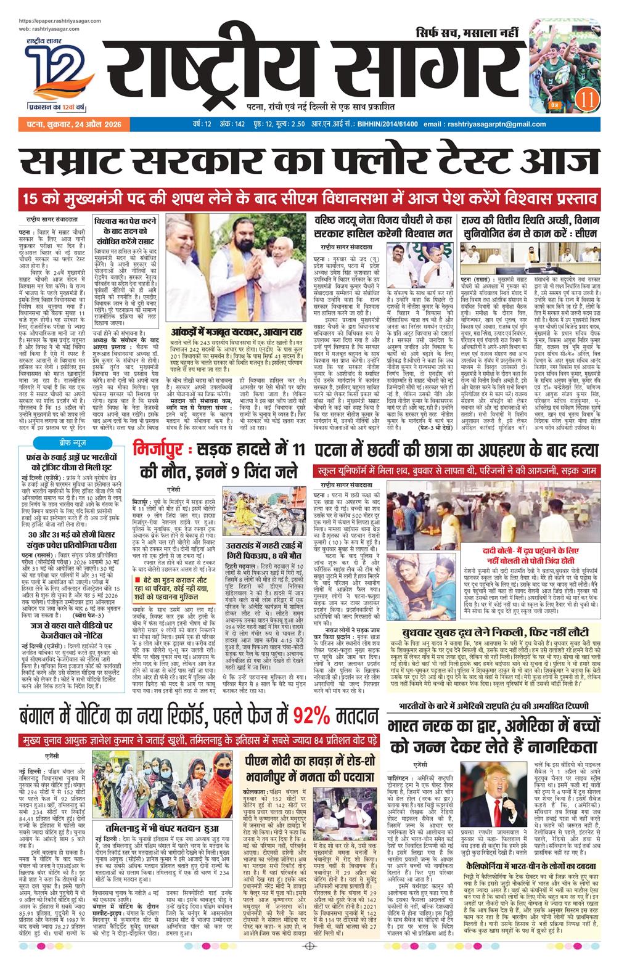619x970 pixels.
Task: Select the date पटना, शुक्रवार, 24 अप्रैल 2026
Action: [65, 124]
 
